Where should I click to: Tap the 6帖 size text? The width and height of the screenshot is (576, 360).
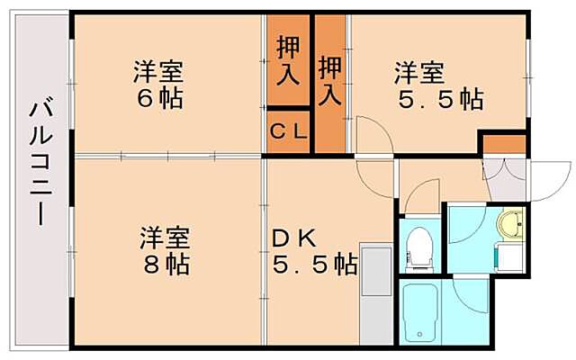(160, 96)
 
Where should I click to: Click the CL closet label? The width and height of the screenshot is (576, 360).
(288, 131)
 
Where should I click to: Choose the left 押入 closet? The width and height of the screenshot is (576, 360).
(287, 62)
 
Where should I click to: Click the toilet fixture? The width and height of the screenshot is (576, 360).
(418, 248)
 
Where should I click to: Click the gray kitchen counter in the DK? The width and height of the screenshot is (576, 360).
(374, 292)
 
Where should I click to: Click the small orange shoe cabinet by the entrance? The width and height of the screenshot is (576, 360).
(502, 144)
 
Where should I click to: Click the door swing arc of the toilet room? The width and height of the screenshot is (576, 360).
(421, 198)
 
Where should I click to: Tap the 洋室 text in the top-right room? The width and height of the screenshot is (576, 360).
(419, 69)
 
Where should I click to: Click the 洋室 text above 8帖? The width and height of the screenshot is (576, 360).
(163, 238)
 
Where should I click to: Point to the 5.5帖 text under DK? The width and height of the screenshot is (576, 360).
(315, 265)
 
